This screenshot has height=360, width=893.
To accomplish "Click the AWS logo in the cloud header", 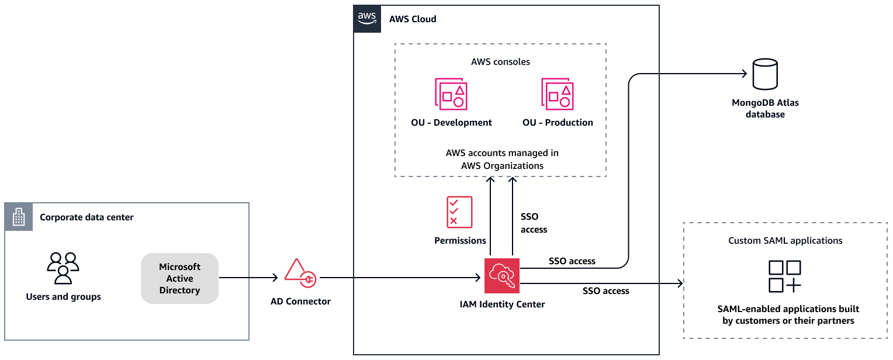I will (x=367, y=19).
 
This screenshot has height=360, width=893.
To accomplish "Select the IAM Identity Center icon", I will (x=502, y=275).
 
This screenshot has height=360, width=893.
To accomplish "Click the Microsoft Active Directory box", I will (x=179, y=278).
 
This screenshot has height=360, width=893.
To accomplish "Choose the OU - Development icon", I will (x=451, y=94).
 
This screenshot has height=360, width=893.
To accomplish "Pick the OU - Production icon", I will (x=558, y=94).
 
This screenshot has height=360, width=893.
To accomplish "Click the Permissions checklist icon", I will (x=459, y=212).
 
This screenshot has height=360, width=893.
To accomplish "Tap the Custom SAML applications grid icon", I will (x=785, y=276).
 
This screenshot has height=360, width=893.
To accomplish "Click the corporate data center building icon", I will (x=19, y=217).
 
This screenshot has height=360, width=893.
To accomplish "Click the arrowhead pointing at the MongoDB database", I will (x=744, y=74).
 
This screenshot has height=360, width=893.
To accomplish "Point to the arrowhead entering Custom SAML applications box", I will (x=679, y=284).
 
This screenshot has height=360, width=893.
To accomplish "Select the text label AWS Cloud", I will (x=413, y=19).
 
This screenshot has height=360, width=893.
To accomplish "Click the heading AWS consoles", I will (x=500, y=61).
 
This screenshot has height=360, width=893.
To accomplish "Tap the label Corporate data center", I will (x=86, y=217).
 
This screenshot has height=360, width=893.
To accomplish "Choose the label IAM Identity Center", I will (x=502, y=304).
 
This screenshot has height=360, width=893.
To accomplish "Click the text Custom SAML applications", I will (x=785, y=240).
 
